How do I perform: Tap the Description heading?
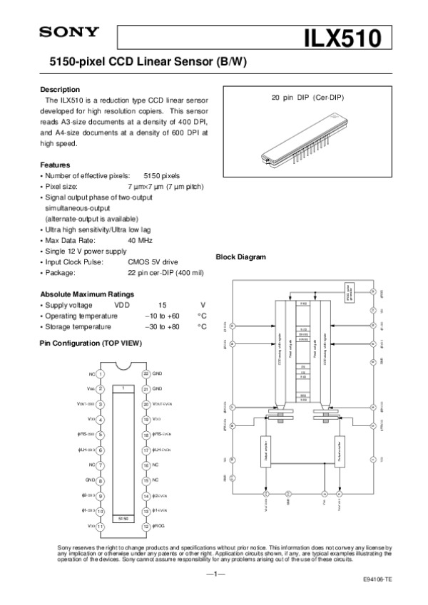coord(60,90)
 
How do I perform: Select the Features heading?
coord(55,165)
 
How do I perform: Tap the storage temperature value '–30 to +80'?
coord(161,326)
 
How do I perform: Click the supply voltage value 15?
coord(163,304)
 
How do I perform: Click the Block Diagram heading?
coord(240,257)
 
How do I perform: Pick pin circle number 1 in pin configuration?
coord(101,373)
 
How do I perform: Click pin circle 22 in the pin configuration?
coord(146,373)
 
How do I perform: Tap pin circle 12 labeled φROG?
coord(146,526)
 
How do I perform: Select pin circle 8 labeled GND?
coord(101,480)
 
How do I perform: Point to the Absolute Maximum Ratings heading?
coord(86,294)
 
